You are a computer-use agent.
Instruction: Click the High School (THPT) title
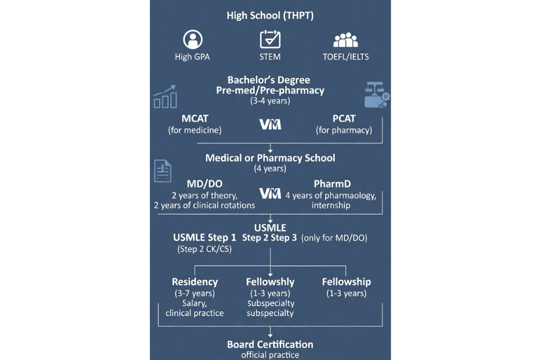pos(270,15)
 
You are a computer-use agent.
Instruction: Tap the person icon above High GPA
pos(193,40)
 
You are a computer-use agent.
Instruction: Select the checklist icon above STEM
pos(270,40)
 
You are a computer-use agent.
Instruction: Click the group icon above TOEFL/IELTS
pos(346,41)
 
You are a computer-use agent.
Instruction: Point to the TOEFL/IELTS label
pos(345,56)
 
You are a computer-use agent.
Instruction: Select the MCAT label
pos(195,119)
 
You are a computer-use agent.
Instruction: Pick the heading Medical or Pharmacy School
pos(270,158)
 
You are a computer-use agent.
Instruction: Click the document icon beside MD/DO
pos(163,171)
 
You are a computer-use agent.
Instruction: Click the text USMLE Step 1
pos(204,238)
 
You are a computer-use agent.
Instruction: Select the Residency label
pos(195,282)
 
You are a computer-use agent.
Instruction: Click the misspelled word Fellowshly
pos(270,282)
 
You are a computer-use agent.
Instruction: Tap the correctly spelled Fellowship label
pos(346,282)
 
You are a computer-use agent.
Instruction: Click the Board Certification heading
pos(270,344)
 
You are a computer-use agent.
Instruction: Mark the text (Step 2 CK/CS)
pos(202,250)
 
